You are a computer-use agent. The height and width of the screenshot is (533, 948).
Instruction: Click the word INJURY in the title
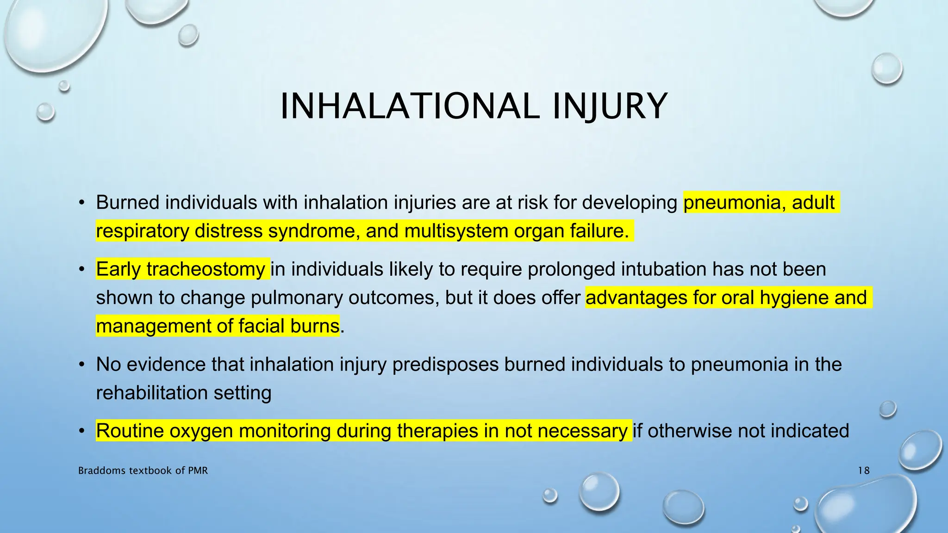pyautogui.click(x=610, y=106)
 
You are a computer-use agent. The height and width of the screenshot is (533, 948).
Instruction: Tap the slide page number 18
pyautogui.click(x=863, y=471)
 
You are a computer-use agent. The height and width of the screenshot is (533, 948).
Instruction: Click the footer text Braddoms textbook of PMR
pyautogui.click(x=143, y=471)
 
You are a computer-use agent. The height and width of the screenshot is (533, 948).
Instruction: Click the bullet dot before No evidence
pyautogui.click(x=81, y=365)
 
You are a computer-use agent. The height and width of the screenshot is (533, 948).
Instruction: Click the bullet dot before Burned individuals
pyautogui.click(x=81, y=203)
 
